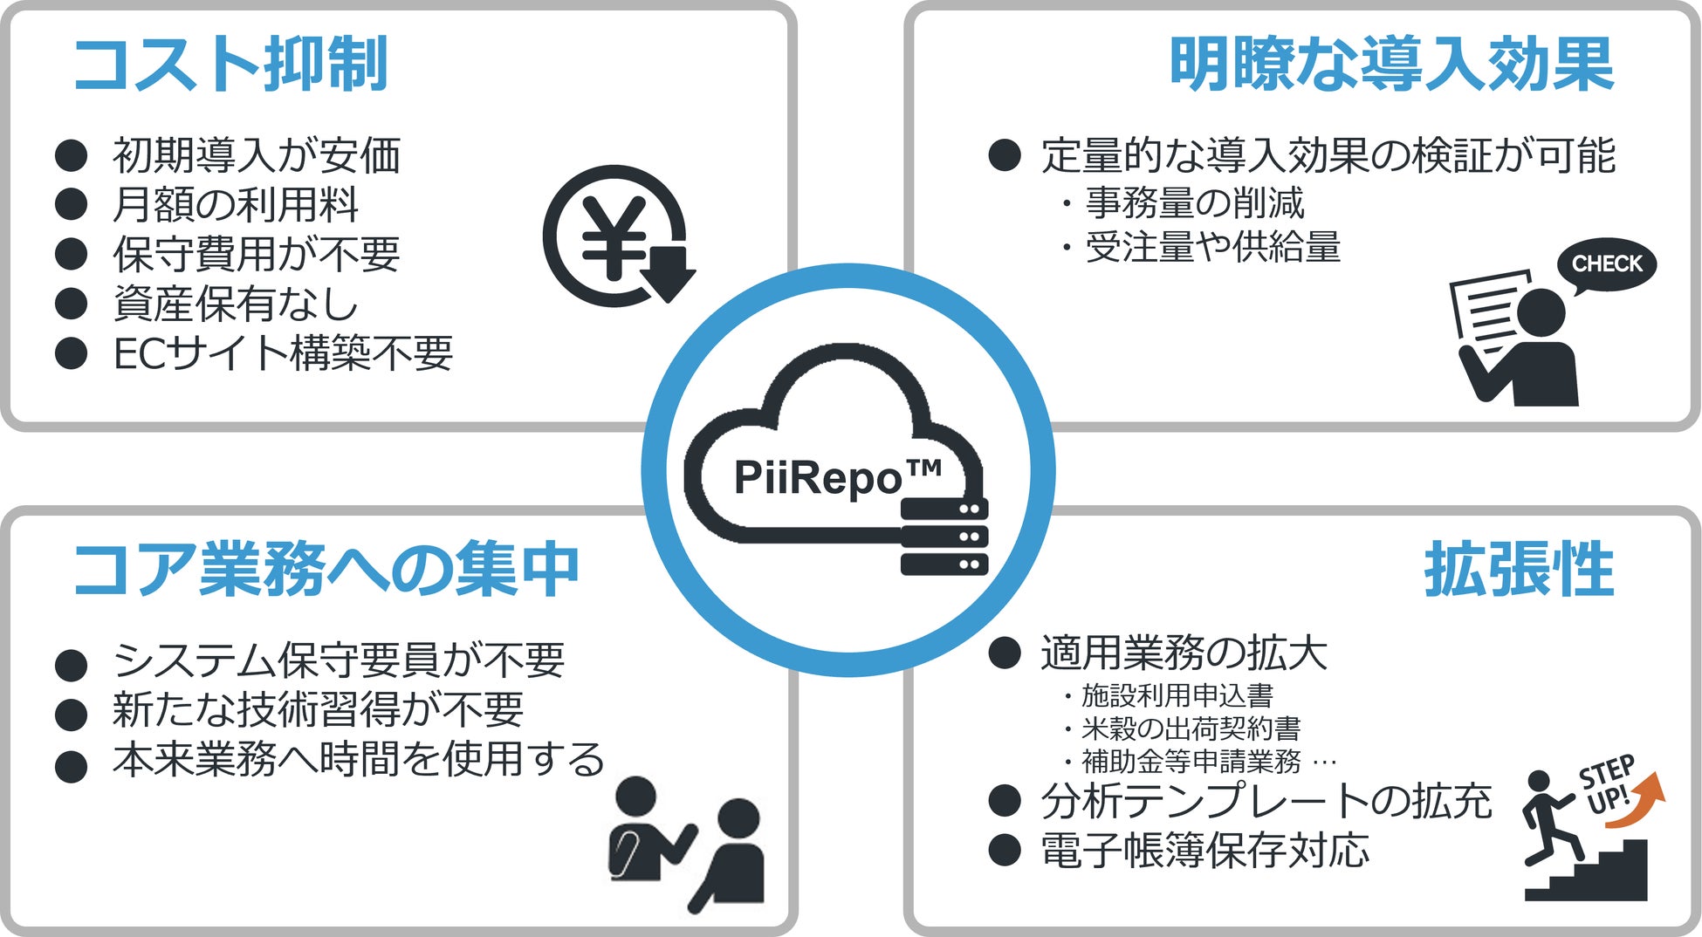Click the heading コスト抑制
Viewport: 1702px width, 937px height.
click(x=230, y=65)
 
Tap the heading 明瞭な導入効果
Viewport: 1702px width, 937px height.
click(x=1391, y=65)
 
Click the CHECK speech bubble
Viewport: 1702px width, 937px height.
click(x=1606, y=264)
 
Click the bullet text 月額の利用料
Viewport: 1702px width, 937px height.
click(x=236, y=205)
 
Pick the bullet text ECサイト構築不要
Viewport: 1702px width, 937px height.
click(x=283, y=353)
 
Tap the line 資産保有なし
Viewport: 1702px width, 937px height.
click(x=236, y=304)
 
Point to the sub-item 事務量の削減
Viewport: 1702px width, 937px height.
click(x=1194, y=203)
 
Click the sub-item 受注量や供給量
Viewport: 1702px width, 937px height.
click(x=1212, y=248)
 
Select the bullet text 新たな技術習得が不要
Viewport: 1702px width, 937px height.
click(x=318, y=709)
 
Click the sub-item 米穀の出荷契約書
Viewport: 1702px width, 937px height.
click(x=1191, y=728)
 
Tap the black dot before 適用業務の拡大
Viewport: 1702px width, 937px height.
click(x=1005, y=653)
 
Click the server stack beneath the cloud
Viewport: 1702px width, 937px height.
click(x=944, y=537)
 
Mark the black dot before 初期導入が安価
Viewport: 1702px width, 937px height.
click(x=71, y=155)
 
